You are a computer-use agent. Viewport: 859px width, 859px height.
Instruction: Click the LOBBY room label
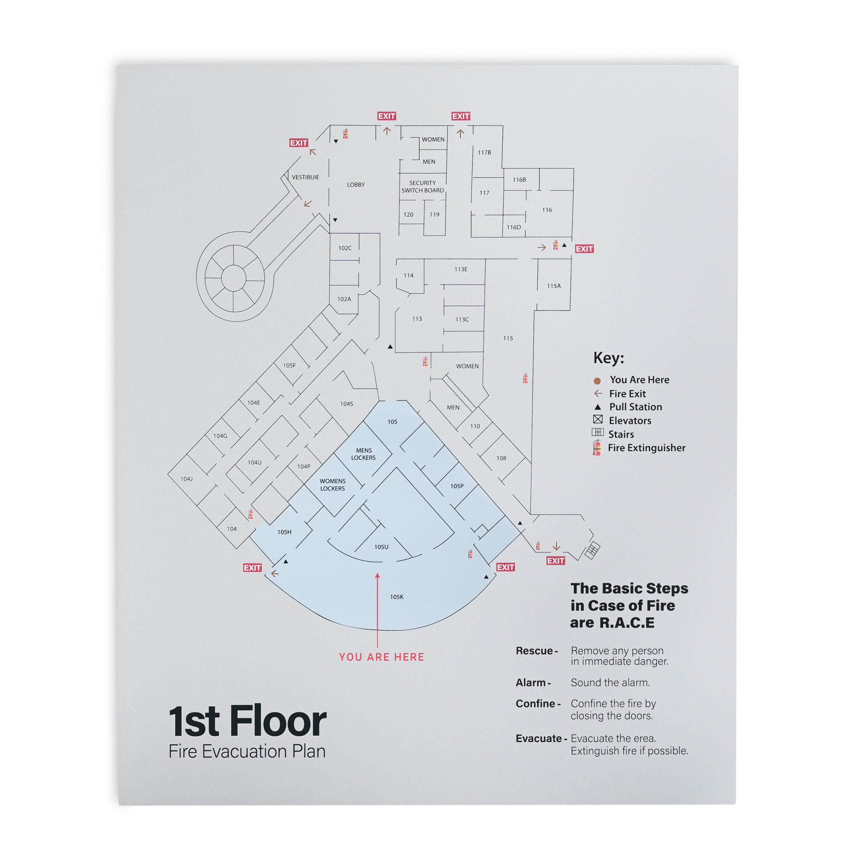point(356,185)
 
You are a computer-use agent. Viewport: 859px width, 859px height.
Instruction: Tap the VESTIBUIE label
point(305,177)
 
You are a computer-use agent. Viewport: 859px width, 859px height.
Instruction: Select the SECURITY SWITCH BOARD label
point(422,186)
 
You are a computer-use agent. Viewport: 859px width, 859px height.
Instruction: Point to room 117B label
point(484,152)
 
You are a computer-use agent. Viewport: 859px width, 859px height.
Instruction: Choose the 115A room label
point(554,286)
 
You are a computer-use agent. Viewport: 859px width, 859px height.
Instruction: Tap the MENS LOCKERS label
point(363,454)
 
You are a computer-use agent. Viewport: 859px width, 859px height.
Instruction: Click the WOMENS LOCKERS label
point(332,485)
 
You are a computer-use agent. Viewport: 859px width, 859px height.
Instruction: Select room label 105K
point(397,597)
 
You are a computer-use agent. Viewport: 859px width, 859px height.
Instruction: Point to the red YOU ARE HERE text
point(382,657)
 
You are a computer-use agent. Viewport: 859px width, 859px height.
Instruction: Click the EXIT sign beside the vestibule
point(299,143)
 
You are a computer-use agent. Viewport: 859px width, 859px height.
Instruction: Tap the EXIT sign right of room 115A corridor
point(584,249)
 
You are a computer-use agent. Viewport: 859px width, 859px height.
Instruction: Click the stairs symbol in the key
point(598,432)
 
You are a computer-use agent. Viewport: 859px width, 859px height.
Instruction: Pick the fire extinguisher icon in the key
point(597,447)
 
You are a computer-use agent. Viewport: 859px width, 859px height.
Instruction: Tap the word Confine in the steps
point(535,703)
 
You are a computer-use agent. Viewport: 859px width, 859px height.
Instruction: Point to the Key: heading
point(609,358)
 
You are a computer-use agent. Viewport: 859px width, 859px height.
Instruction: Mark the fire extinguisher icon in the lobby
point(346,134)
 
